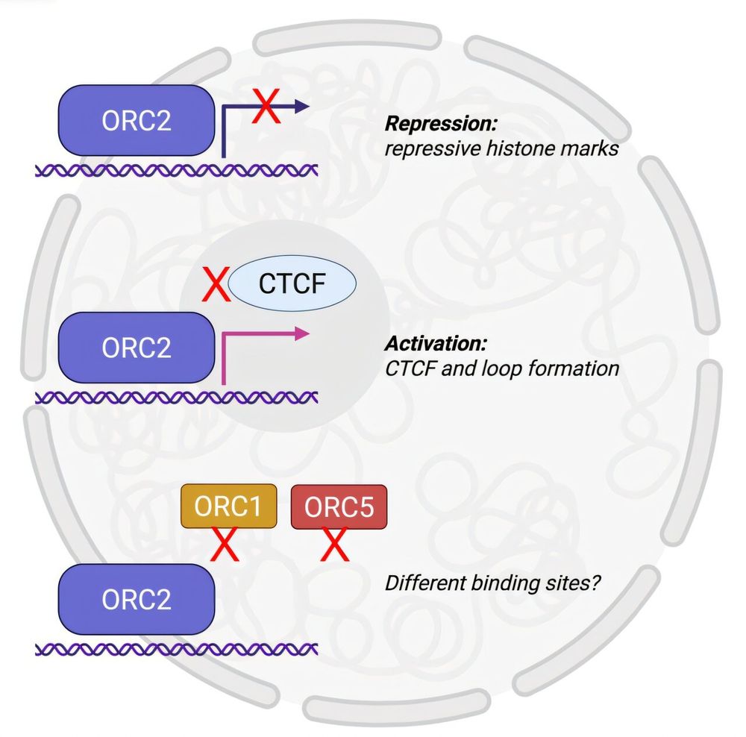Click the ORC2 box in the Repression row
pyautogui.click(x=137, y=120)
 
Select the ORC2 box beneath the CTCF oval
pyautogui.click(x=137, y=348)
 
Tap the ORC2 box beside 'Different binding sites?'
pyautogui.click(x=137, y=600)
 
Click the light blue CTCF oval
pyautogui.click(x=292, y=284)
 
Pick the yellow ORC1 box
pyautogui.click(x=228, y=507)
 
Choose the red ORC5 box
pyautogui.click(x=339, y=507)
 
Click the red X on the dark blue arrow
pyautogui.click(x=266, y=107)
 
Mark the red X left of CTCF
pyautogui.click(x=216, y=285)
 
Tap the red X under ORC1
pyautogui.click(x=225, y=545)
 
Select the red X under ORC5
pyautogui.click(x=336, y=545)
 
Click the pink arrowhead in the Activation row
pyautogui.click(x=301, y=334)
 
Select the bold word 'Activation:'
pyautogui.click(x=436, y=344)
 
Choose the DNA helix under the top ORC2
pyautogui.click(x=178, y=170)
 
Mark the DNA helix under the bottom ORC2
pyautogui.click(x=178, y=649)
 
